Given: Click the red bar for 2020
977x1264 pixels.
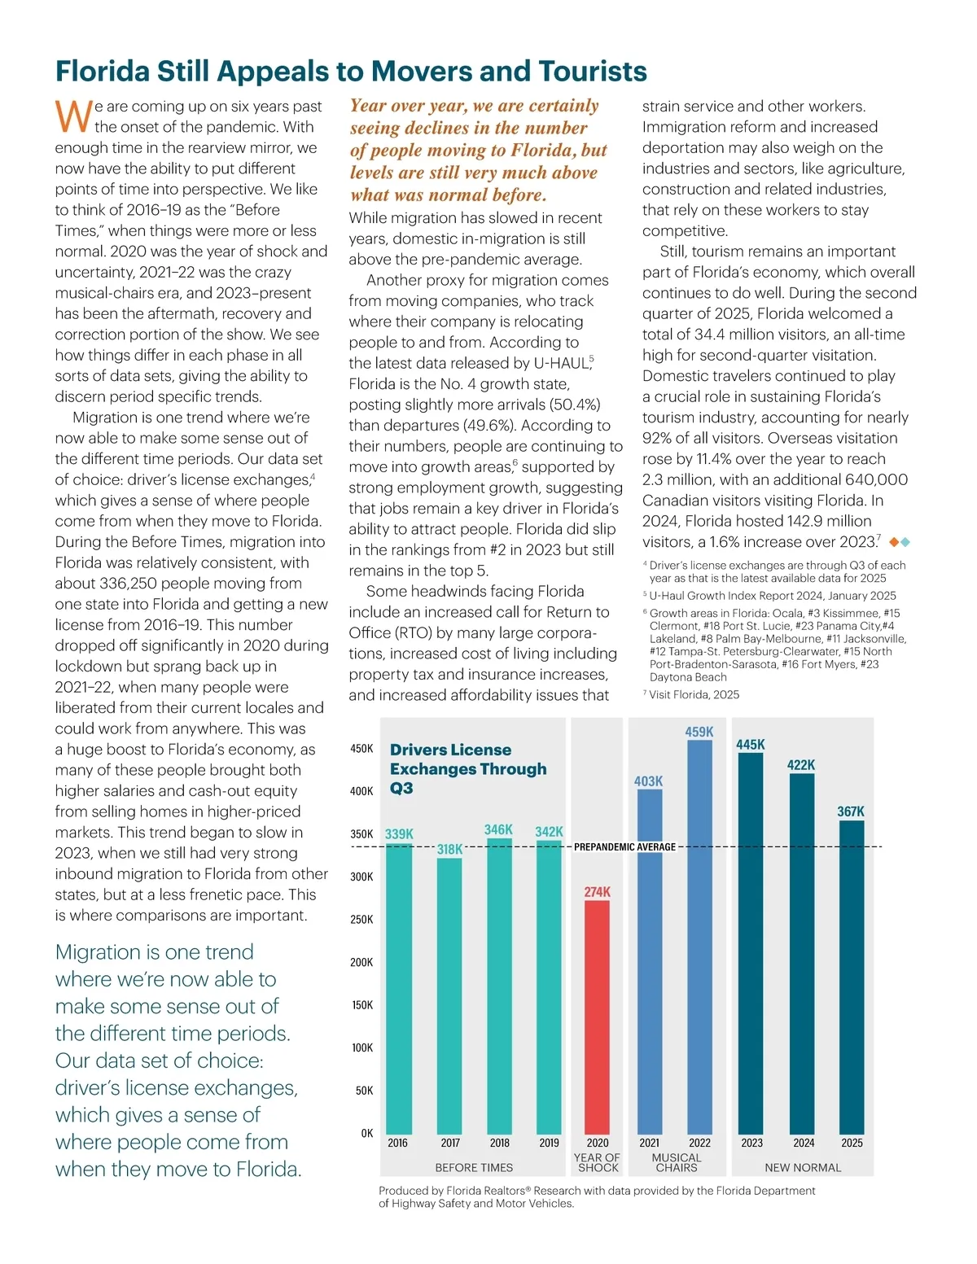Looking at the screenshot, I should (x=597, y=1017).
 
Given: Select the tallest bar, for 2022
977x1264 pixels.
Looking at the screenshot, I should (x=699, y=936).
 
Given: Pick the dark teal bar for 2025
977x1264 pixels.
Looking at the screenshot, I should (x=852, y=977).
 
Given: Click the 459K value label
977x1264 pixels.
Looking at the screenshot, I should (x=699, y=732).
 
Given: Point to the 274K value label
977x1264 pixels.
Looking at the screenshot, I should (x=597, y=892).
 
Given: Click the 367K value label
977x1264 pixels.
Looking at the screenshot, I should (x=851, y=811).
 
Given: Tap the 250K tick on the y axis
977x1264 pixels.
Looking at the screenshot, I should (x=361, y=920).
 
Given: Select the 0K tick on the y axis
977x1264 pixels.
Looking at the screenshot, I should (x=366, y=1133).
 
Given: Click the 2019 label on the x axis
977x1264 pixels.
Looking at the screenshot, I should (x=549, y=1143).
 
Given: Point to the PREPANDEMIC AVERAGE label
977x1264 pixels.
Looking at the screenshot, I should (x=624, y=847).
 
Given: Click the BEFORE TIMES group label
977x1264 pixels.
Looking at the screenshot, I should (x=474, y=1168).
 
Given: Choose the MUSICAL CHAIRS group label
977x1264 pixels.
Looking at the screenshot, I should (x=676, y=1162).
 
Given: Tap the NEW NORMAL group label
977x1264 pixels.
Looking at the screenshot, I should (x=803, y=1168).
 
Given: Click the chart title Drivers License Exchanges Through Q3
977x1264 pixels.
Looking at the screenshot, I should (x=468, y=769).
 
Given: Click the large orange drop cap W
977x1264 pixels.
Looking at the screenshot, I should (x=73, y=116).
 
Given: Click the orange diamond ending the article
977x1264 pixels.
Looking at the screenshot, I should (x=894, y=542).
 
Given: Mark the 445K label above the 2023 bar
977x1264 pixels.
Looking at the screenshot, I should (x=751, y=745).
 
